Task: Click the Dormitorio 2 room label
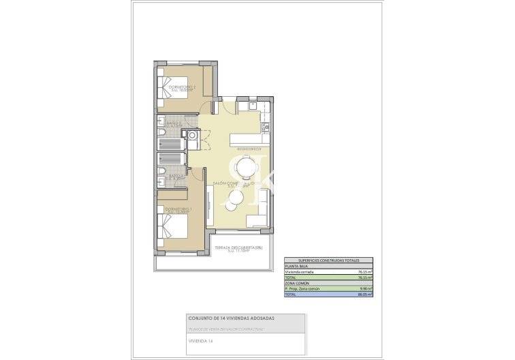(x=182, y=88)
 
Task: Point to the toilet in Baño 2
(x=161, y=132)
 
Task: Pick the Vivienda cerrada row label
(x=300, y=271)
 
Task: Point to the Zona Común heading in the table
(x=297, y=283)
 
